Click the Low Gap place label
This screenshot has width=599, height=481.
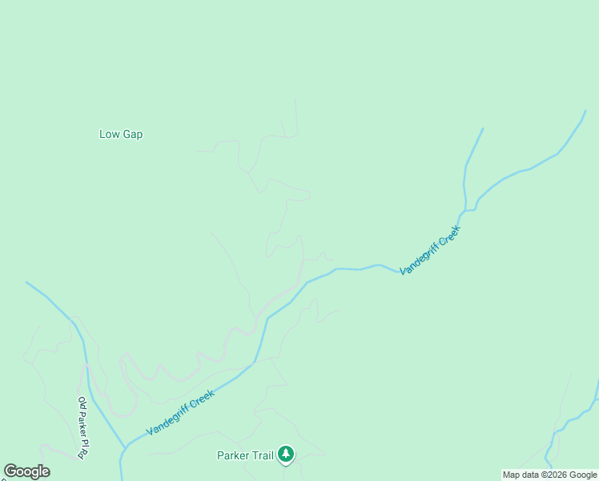[121, 135]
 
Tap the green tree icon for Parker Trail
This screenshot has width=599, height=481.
[286, 455]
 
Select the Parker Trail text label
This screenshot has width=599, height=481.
[245, 456]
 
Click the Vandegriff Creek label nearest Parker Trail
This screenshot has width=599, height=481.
[181, 412]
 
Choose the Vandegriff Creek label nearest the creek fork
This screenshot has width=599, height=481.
[430, 251]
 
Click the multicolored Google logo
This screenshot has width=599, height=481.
[26, 471]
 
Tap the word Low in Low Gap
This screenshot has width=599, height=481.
[109, 135]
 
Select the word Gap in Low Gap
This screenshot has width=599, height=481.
[132, 135]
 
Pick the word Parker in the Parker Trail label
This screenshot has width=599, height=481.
[233, 456]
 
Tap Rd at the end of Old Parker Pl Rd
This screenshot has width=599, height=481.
[82, 454]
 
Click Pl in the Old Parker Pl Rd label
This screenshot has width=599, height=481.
[82, 443]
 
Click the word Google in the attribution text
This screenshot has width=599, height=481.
[583, 475]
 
